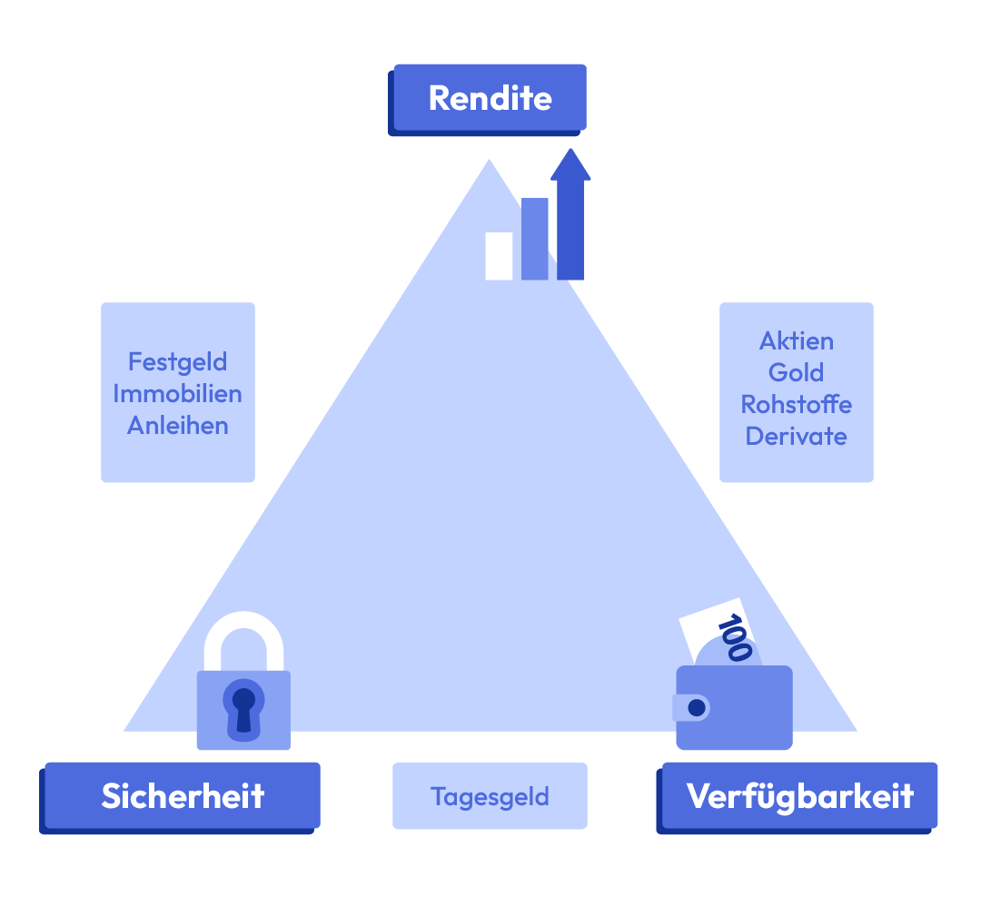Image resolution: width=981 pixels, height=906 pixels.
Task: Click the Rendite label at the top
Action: click(490, 97)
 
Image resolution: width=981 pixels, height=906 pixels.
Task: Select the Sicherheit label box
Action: click(182, 796)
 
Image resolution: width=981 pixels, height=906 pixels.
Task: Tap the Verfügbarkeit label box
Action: click(799, 796)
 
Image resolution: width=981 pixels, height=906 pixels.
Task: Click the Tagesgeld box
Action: click(490, 796)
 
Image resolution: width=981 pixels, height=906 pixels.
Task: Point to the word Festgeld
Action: click(177, 362)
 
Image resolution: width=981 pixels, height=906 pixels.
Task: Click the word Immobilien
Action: click(177, 394)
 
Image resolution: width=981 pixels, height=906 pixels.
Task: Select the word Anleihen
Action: click(177, 425)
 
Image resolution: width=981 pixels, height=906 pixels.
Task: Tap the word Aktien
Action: click(797, 341)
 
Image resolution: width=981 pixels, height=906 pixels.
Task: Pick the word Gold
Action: click(797, 373)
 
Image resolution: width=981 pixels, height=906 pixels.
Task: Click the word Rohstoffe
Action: click(797, 404)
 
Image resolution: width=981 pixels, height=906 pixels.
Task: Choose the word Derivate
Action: click(797, 436)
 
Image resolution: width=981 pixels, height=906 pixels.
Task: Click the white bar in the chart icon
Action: click(499, 256)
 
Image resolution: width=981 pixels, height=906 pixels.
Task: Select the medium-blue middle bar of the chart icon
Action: click(534, 239)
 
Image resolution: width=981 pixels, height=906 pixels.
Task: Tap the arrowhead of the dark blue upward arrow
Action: click(570, 164)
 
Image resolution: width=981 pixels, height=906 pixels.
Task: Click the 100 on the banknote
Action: click(734, 637)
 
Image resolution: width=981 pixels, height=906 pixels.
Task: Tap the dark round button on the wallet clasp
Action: click(697, 706)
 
